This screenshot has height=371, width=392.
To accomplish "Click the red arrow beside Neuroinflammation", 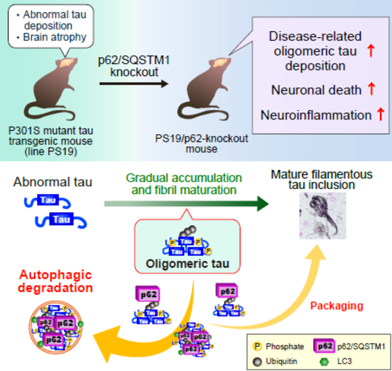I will point(380,115).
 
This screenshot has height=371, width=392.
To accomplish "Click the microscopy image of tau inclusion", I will point(321,216).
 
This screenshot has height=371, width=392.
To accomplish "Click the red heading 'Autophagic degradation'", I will point(56,281).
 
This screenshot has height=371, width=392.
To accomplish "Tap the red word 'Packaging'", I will point(336,306).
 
